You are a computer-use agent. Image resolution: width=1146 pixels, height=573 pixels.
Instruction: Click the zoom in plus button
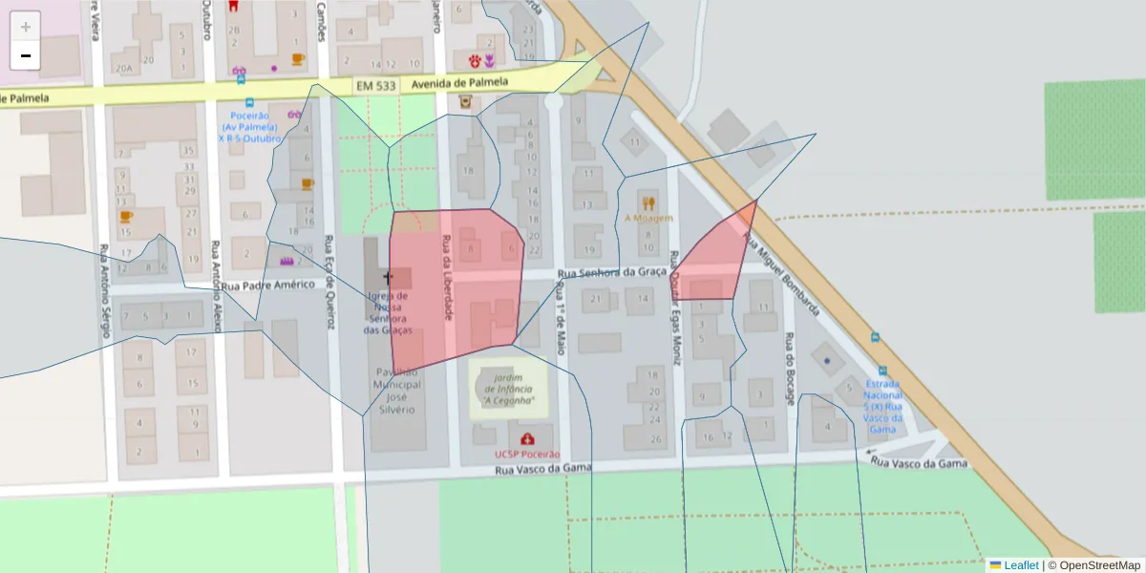[x=26, y=27]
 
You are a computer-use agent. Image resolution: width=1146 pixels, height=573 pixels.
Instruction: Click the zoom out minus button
[x=26, y=55]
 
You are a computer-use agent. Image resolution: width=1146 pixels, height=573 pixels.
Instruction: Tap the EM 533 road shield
[x=375, y=86]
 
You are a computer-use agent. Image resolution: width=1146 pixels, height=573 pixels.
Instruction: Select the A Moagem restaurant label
[x=649, y=218]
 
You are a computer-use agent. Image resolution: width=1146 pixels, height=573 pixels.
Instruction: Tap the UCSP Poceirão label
[x=527, y=454]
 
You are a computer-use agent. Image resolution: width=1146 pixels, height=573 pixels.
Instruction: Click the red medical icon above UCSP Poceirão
[x=527, y=439]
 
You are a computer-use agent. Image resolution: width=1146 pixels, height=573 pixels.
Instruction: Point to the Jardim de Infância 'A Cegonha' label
[x=508, y=389]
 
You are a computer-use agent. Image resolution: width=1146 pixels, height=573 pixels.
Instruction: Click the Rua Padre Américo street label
[x=268, y=285]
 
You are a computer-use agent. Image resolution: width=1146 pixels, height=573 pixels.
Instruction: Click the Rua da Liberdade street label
[x=446, y=277]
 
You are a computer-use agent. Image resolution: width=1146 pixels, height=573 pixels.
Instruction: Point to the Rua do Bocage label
[x=790, y=369]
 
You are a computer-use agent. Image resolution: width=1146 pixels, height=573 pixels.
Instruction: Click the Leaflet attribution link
[x=1021, y=565]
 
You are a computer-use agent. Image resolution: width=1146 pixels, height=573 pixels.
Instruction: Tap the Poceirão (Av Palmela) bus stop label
[x=250, y=127]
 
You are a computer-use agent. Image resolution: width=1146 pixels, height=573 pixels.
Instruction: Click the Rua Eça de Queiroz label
[x=330, y=282]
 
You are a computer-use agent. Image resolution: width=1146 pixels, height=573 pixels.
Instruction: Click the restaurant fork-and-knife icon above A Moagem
[x=649, y=202]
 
